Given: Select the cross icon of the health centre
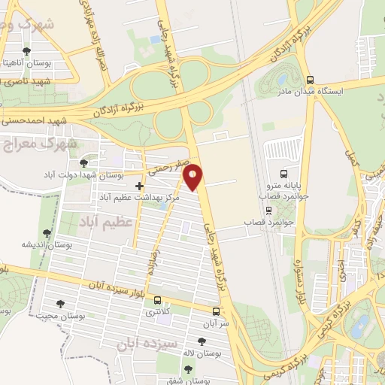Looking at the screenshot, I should pyautogui.click(x=140, y=185).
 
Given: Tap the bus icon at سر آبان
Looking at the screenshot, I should pyautogui.click(x=217, y=311).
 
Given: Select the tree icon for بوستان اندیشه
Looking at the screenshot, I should pyautogui.click(x=47, y=233).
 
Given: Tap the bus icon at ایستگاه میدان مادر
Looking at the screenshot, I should pyautogui.click(x=310, y=79).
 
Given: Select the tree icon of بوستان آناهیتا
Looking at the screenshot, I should pyautogui.click(x=27, y=51).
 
